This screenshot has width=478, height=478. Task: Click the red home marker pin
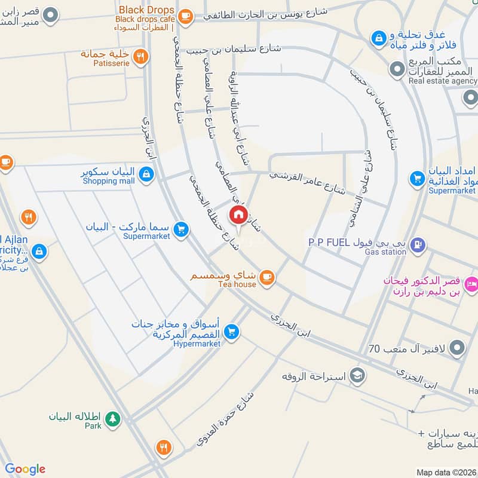[238, 215]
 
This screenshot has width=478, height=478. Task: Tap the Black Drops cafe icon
[185, 17]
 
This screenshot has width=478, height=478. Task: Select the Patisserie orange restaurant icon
[140, 57]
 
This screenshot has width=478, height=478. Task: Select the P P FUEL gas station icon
[418, 244]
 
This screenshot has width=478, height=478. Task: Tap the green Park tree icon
[112, 419]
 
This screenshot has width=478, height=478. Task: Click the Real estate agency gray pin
[396, 70]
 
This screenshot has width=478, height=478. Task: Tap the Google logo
[25, 469]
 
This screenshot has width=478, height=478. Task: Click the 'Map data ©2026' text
[446, 472]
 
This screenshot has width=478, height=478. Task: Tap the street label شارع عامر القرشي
[307, 182]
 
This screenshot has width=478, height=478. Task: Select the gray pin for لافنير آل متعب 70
[457, 347]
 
